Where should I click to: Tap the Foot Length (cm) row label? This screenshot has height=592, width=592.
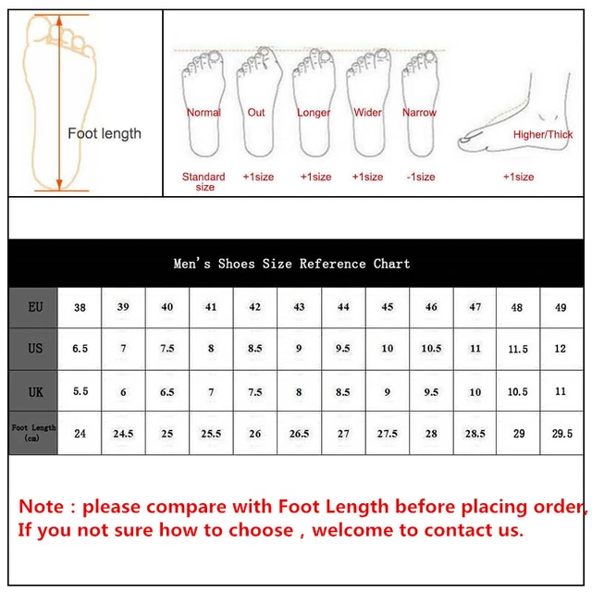[x=33, y=433]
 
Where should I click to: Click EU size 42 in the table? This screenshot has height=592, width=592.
[x=255, y=307]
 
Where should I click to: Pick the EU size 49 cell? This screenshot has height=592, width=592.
[x=561, y=307]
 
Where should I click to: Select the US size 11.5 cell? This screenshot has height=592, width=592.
[x=517, y=349]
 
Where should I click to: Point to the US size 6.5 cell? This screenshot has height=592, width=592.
[x=80, y=349]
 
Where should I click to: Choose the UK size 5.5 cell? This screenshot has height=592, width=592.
[x=80, y=391]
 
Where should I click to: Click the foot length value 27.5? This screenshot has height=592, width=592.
[x=387, y=433]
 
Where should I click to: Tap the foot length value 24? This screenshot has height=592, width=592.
[x=80, y=433]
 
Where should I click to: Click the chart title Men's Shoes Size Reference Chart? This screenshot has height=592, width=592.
[x=291, y=264]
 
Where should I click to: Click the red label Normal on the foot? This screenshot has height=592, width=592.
[x=203, y=113]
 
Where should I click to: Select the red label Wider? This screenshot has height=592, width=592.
[x=367, y=113]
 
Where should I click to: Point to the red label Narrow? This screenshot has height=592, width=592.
[x=419, y=113]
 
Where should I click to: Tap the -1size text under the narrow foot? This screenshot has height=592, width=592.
[x=419, y=177]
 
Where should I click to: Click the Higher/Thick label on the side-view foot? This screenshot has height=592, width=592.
[x=543, y=135]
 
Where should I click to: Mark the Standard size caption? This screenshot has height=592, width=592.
[x=203, y=181]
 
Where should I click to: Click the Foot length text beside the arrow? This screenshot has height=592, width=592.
[x=105, y=133]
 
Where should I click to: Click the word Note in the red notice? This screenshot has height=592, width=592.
[x=42, y=507]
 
